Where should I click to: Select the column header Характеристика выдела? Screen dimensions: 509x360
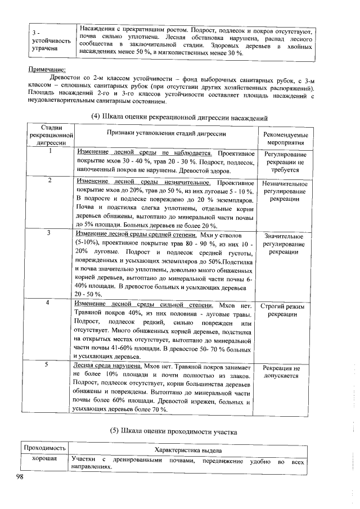188,451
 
